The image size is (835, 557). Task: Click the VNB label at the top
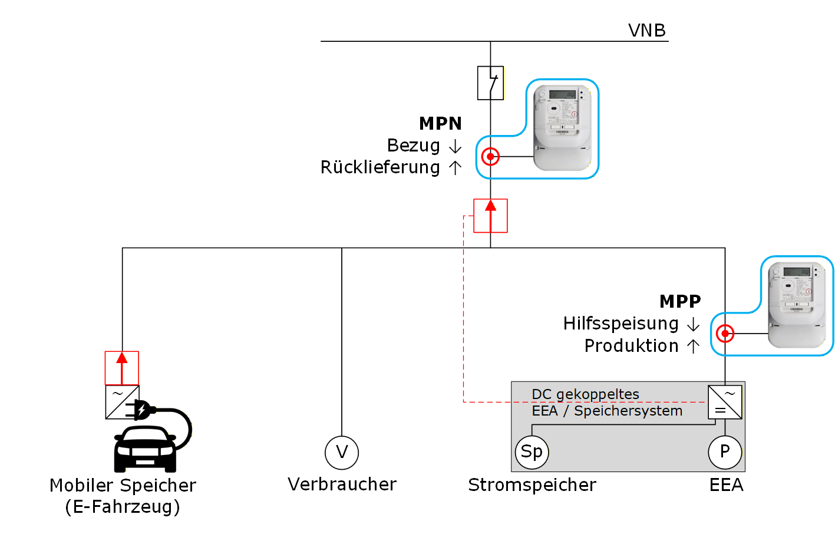click(x=646, y=30)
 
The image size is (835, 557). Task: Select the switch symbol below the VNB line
click(x=490, y=83)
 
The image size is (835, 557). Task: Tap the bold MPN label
click(x=440, y=123)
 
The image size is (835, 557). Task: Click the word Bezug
click(x=414, y=146)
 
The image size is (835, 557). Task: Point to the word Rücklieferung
click(x=380, y=167)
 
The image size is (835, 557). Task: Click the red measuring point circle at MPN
click(x=490, y=157)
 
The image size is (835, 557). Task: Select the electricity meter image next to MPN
click(x=562, y=128)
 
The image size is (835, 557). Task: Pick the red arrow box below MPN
click(x=490, y=216)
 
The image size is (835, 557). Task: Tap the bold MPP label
click(x=680, y=301)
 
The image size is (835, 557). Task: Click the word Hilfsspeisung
click(x=621, y=324)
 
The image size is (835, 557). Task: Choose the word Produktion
click(x=631, y=346)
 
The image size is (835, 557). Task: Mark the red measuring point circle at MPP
click(x=725, y=334)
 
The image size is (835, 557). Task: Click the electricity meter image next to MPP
click(x=797, y=305)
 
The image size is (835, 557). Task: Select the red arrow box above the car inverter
click(x=122, y=368)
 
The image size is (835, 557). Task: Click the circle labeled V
click(x=342, y=453)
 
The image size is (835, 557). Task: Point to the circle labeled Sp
click(x=532, y=452)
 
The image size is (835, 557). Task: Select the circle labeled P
click(x=725, y=452)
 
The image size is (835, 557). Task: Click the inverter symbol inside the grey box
click(x=725, y=402)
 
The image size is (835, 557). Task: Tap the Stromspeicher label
click(x=532, y=485)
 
